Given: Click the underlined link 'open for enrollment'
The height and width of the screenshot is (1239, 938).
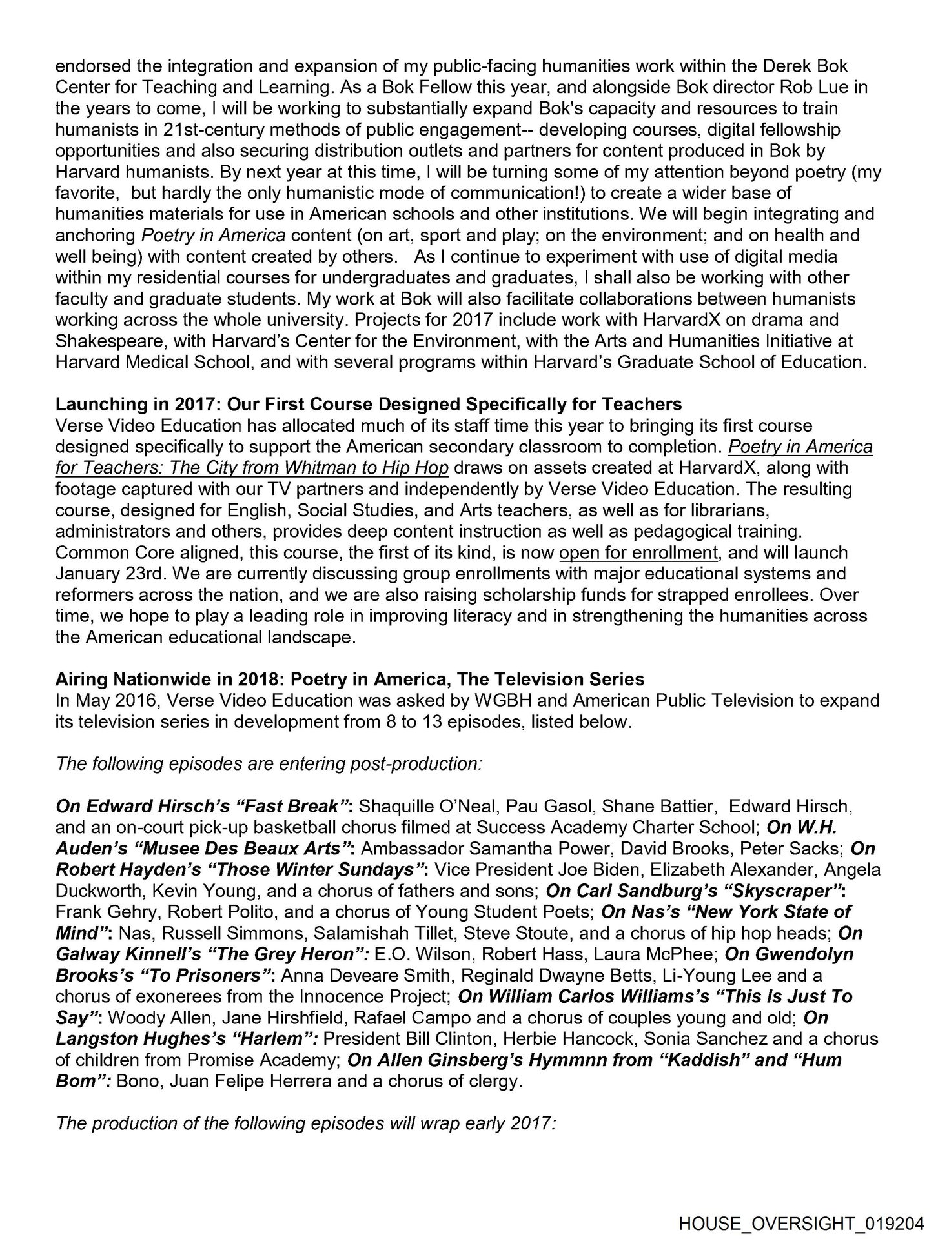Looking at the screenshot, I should point(638,553).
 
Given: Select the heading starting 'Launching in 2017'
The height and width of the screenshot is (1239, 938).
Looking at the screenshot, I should point(369,405).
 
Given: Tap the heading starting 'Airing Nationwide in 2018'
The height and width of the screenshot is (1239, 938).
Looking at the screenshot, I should point(350,680).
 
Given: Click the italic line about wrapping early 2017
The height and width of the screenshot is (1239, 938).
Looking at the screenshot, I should point(305,1124).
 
